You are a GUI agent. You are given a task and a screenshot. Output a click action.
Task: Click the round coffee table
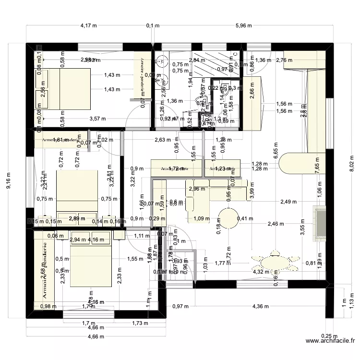click(229, 218)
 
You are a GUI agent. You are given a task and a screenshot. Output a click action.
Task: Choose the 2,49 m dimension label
click(289, 202)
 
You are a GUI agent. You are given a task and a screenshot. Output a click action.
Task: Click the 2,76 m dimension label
click(284, 60)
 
